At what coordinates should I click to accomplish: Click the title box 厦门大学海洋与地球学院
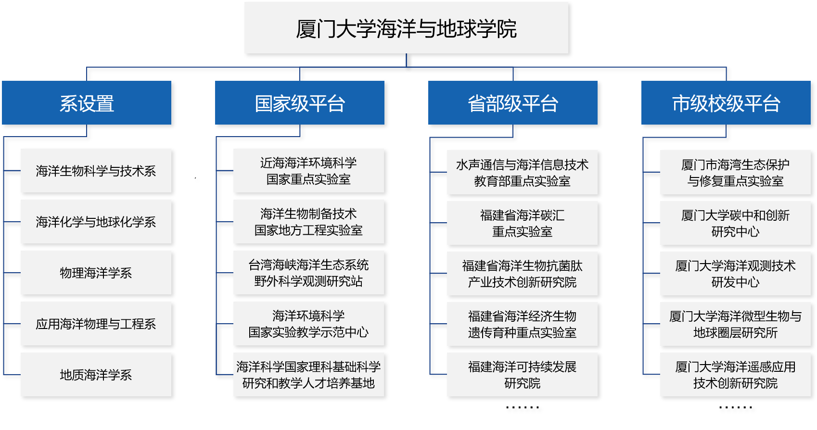point(406,28)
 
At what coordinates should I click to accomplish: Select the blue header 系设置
point(87,103)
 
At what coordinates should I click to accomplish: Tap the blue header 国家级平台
point(299,103)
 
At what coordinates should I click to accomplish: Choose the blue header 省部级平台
point(513,103)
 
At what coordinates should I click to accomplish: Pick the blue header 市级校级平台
point(726,103)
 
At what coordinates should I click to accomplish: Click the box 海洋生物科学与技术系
point(96,171)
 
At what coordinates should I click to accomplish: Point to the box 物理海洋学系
point(96,272)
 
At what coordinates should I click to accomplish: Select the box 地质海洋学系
point(96,375)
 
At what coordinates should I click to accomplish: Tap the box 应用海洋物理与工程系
point(96,324)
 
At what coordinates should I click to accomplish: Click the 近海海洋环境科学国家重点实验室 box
point(308,171)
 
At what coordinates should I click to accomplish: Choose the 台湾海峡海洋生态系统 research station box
point(308,272)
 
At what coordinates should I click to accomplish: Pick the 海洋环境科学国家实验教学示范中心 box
point(308,324)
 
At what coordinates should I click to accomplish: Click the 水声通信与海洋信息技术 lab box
point(523,172)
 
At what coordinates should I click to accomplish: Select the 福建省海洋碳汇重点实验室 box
point(523,223)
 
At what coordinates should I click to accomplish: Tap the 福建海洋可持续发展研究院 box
point(523,375)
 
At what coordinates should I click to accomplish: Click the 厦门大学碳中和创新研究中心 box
point(735,223)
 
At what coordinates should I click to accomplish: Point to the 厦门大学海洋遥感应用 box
point(735,375)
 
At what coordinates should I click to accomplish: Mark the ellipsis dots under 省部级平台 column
point(523,407)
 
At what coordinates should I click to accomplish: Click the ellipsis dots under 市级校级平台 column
point(735,407)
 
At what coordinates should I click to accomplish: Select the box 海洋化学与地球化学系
point(96,222)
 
